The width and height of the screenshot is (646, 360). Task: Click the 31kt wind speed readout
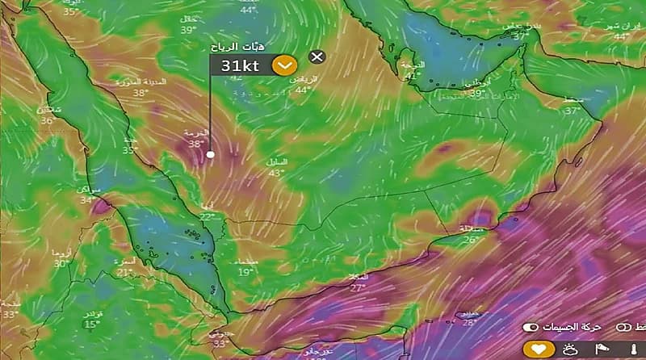click(240, 66)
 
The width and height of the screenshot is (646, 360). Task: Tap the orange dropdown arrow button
click(284, 65)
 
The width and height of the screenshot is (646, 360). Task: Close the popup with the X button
click(317, 57)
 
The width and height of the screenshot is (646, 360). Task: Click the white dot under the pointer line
click(211, 154)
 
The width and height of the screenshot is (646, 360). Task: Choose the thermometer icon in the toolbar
click(632, 350)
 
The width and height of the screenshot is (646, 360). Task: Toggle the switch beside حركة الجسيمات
click(530, 328)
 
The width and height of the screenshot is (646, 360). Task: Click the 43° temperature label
click(277, 172)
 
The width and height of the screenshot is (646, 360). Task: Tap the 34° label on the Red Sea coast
click(86, 200)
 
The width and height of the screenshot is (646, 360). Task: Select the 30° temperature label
click(61, 264)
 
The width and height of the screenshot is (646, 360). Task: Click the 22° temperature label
click(208, 216)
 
